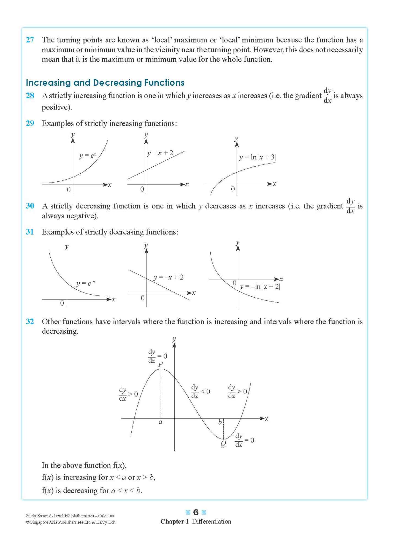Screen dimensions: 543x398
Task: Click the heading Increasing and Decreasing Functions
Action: click(105, 83)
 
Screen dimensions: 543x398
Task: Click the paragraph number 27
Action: click(30, 40)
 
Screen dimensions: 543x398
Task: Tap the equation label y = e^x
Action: click(87, 156)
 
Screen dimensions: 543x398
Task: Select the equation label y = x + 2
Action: click(160, 153)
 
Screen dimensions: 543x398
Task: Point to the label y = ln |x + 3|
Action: click(257, 157)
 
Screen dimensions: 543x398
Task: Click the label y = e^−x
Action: click(86, 283)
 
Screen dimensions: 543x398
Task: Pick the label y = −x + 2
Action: click(169, 277)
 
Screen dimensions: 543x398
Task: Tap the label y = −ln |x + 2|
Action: click(260, 287)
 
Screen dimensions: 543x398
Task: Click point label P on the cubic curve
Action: click(161, 364)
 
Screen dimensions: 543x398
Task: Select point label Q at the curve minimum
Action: click(223, 444)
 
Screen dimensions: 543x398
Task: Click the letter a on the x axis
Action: click(161, 422)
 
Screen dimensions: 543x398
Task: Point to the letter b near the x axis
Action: click(220, 422)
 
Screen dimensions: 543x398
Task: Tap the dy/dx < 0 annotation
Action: click(200, 392)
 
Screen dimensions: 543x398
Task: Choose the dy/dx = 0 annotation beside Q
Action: click(244, 440)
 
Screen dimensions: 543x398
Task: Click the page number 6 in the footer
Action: click(196, 512)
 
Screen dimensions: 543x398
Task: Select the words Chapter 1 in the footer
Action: click(174, 522)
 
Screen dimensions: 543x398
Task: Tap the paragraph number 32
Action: click(30, 322)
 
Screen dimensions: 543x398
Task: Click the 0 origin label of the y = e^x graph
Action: click(69, 190)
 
